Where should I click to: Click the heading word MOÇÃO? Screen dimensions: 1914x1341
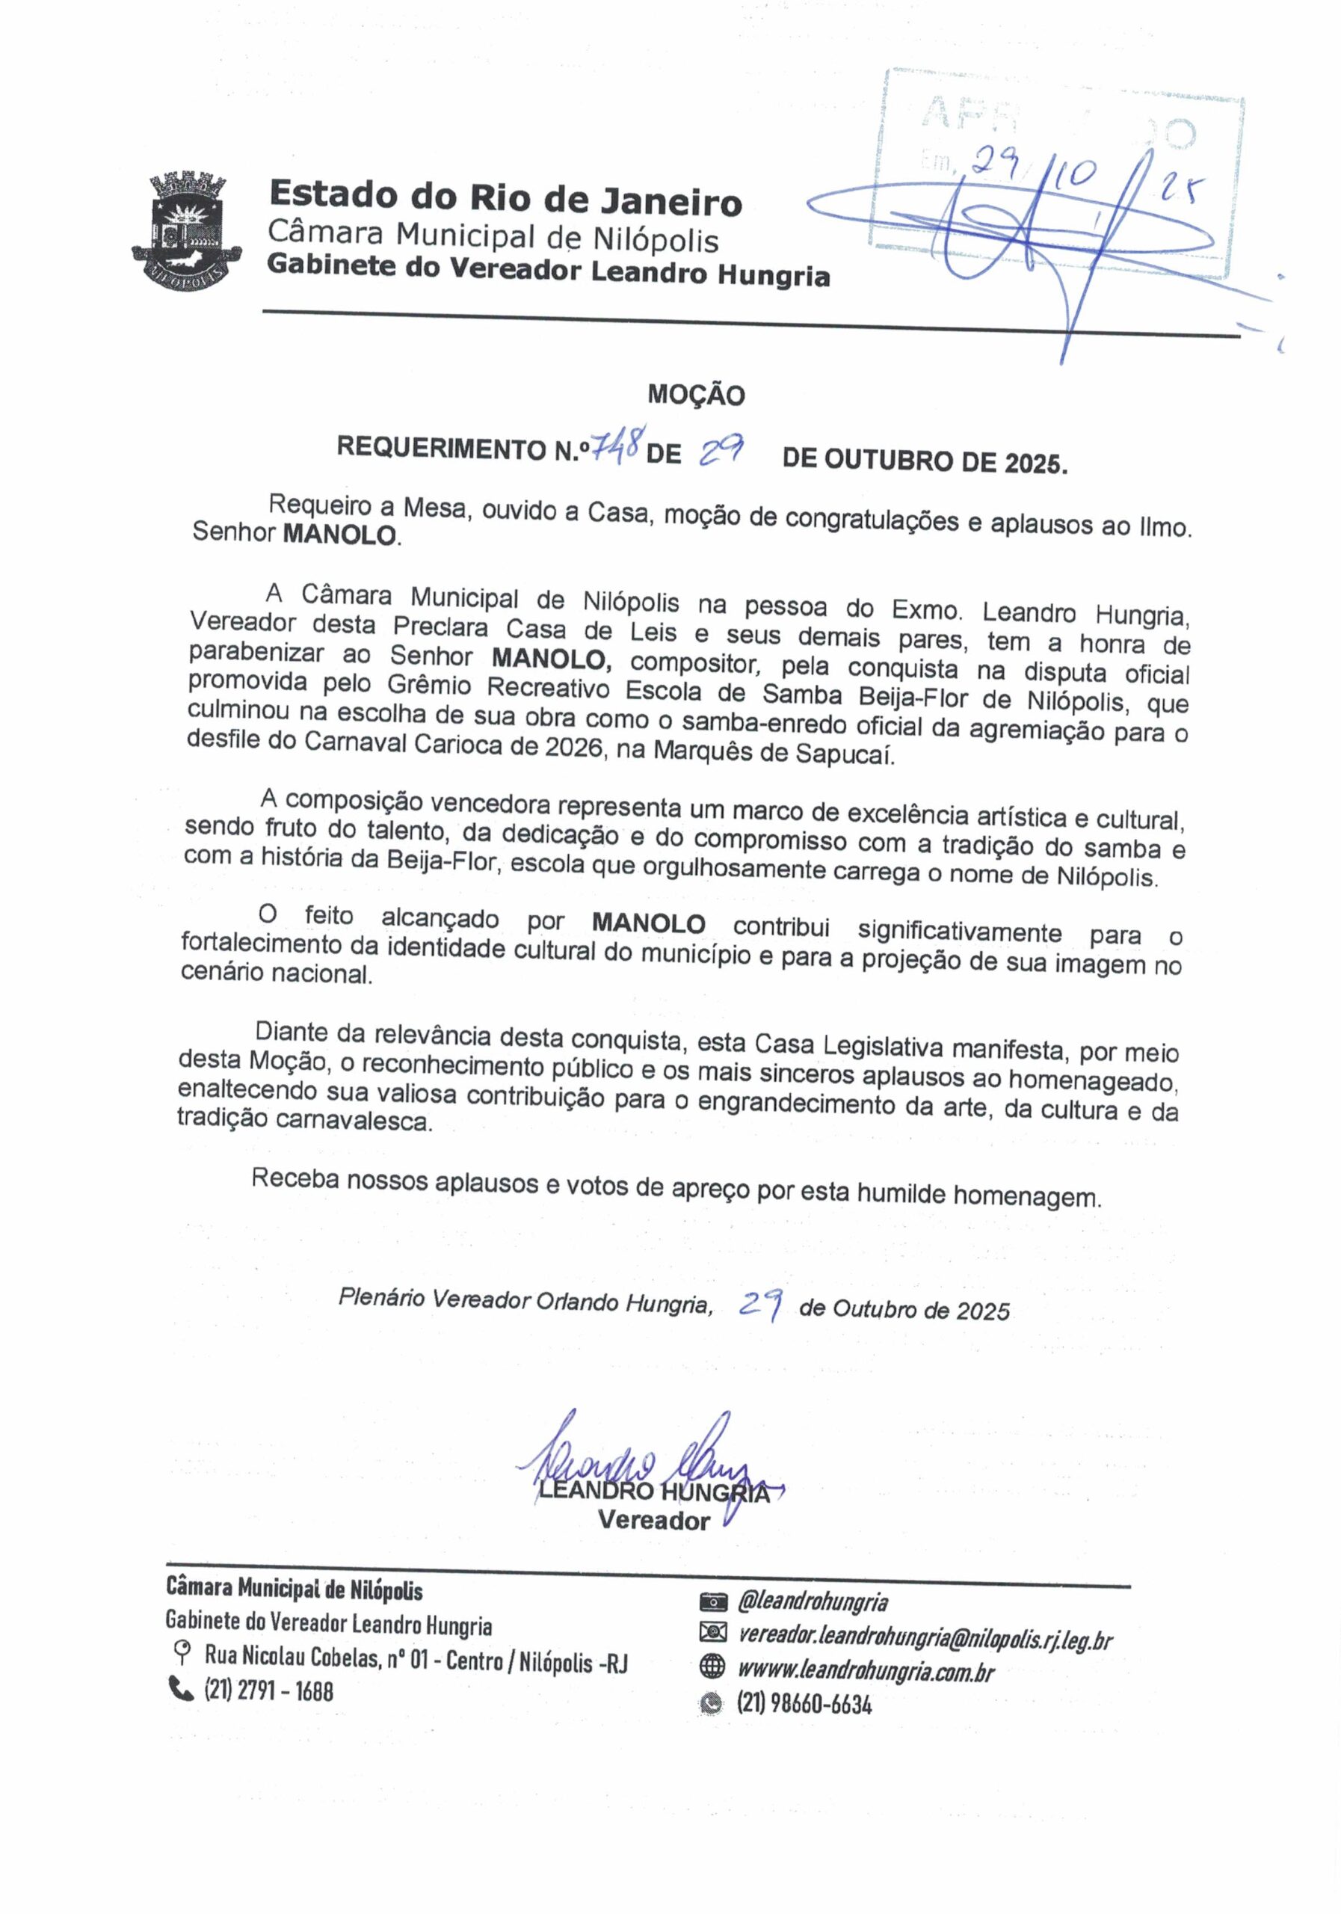(x=696, y=396)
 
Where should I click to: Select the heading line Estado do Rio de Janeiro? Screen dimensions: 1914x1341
(x=505, y=198)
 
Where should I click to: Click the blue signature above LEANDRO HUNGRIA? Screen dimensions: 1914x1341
(x=642, y=1465)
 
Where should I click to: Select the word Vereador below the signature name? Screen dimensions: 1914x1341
(x=653, y=1521)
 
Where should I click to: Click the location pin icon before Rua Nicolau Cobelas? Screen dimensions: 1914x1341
(x=180, y=1652)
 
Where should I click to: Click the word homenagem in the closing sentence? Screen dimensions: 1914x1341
(x=1027, y=1197)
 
